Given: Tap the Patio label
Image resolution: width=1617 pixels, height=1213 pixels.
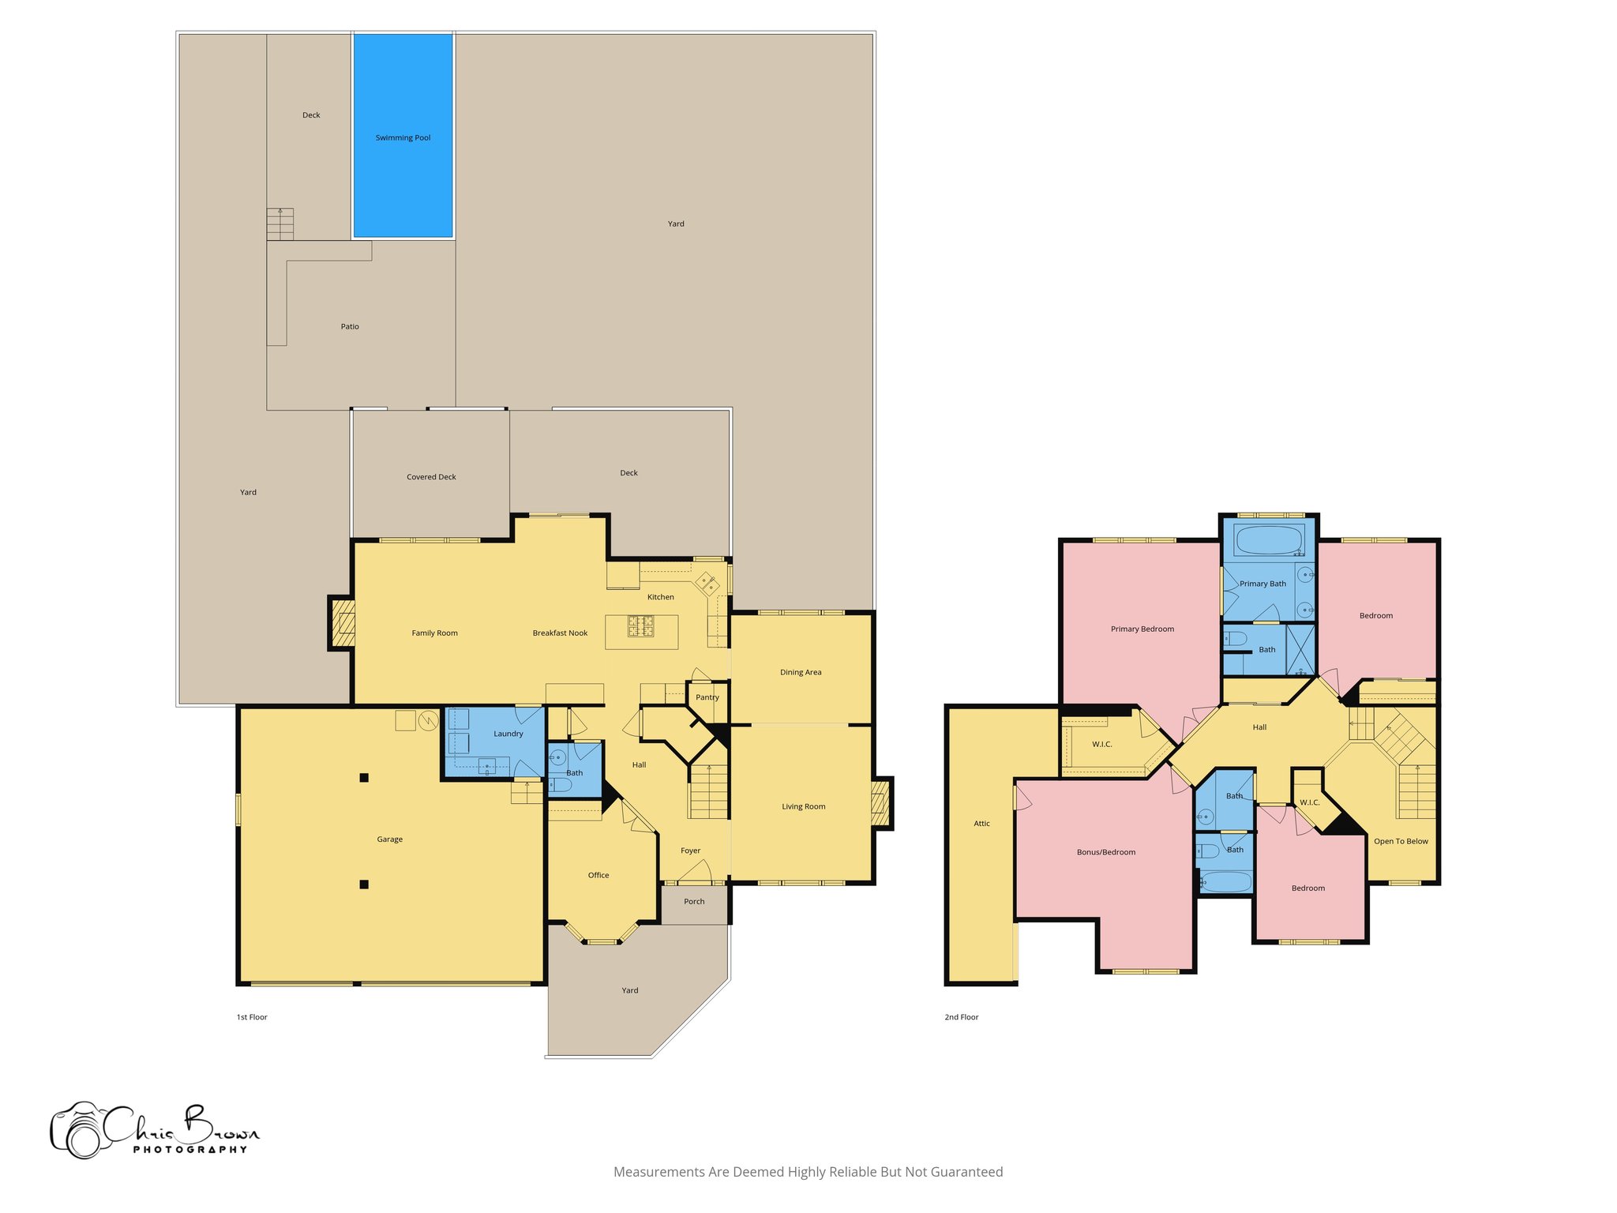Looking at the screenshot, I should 350,326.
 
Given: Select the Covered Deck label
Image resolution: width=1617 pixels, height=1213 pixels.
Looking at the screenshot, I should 431,477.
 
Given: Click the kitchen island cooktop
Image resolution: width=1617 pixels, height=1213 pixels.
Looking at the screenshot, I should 641,626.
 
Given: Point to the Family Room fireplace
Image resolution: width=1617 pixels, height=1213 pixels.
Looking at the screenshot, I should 343,624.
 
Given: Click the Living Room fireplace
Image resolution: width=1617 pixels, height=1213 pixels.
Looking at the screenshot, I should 880,802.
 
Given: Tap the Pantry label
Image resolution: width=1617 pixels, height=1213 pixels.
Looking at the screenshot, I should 707,697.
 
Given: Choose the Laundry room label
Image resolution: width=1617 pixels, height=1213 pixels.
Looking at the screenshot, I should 508,734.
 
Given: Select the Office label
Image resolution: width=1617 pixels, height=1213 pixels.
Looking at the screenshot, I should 598,875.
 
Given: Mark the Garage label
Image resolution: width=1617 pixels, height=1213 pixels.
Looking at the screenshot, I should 390,839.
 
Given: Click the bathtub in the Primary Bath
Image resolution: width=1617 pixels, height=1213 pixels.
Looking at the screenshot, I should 1269,541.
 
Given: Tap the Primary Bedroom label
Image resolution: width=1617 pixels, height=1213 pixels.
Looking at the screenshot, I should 1142,629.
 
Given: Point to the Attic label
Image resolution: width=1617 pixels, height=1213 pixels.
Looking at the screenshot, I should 981,824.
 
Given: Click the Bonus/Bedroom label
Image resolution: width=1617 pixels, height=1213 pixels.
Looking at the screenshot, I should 1106,852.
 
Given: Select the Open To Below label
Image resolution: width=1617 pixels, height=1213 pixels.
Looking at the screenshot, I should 1401,841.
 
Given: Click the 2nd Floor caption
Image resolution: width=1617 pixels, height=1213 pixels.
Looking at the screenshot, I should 962,1017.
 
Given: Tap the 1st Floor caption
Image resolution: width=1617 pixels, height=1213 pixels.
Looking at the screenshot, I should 252,1017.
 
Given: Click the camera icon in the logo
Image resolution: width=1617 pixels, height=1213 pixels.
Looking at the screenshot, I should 79,1131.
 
